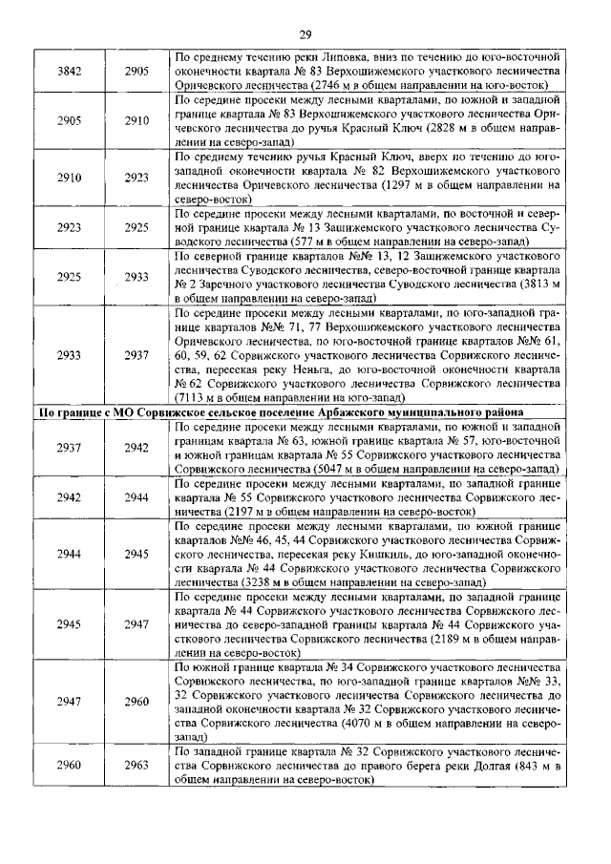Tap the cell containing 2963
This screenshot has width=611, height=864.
137,766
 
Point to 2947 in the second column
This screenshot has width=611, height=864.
137,624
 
